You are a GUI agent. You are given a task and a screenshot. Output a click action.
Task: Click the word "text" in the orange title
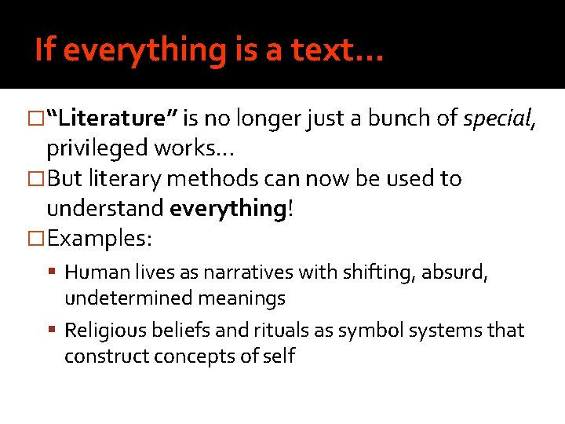click(x=327, y=50)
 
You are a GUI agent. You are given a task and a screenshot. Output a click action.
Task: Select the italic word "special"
click(x=497, y=119)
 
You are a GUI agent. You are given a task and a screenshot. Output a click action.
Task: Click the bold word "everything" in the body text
click(x=221, y=208)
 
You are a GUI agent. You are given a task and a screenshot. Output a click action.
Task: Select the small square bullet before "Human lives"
click(x=56, y=273)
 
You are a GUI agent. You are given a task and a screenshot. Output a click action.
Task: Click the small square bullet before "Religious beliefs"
click(x=56, y=331)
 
